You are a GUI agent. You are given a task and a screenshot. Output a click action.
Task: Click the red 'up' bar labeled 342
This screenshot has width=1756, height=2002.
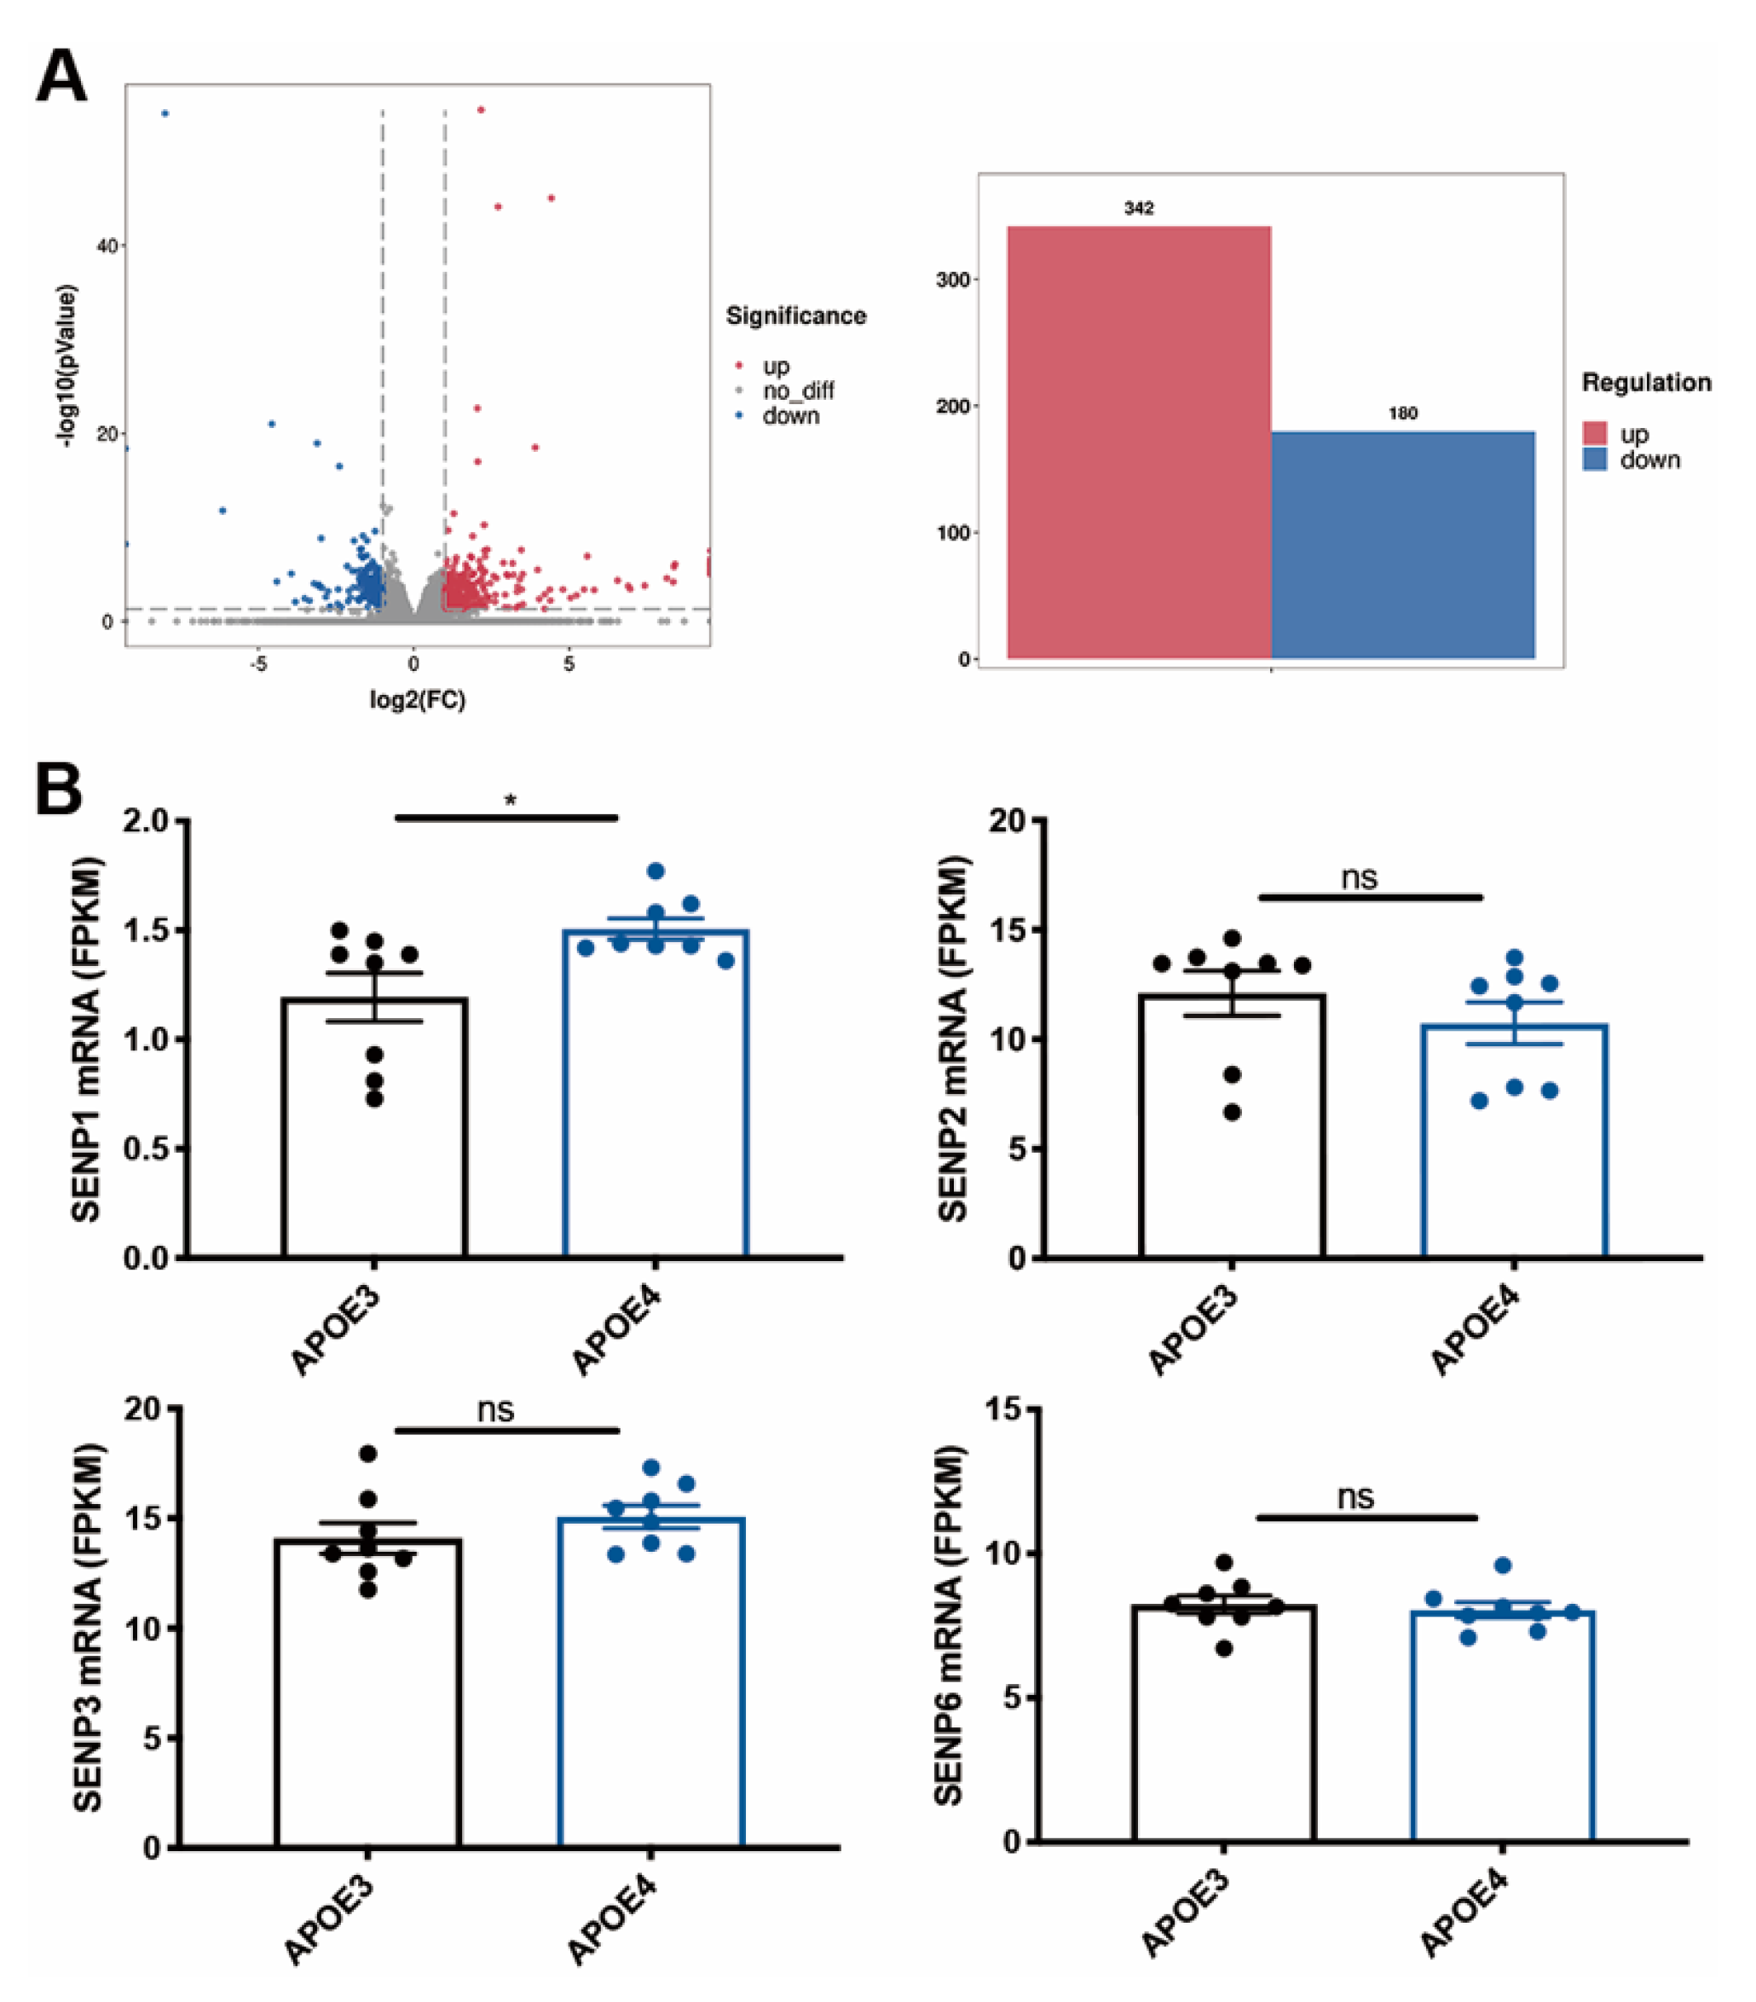point(1138,442)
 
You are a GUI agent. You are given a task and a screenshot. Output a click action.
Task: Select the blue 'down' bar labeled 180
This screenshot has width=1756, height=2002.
point(1402,545)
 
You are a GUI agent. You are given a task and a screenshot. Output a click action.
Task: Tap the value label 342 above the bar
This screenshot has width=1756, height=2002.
point(1138,209)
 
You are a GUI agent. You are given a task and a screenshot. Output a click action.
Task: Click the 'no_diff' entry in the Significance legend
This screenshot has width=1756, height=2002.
point(798,391)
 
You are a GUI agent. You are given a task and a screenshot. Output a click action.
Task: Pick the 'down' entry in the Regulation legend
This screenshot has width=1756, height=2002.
point(1649,460)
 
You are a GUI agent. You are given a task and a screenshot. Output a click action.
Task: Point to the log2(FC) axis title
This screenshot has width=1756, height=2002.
point(417,699)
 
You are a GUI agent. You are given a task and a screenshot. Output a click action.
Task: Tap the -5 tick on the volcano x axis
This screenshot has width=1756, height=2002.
point(257,664)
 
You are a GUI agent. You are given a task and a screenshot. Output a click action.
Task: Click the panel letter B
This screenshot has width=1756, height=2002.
point(59,790)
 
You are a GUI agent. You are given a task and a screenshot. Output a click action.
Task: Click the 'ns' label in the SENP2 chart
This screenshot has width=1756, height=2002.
point(1359,877)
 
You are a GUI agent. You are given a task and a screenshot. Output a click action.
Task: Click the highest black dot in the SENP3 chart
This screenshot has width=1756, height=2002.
point(368,1454)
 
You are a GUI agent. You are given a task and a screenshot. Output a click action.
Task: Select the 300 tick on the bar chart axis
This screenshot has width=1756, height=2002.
point(953,281)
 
